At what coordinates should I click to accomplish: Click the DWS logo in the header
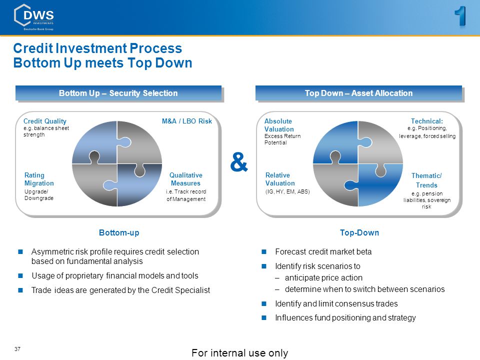point(34,17)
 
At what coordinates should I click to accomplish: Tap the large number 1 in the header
point(460,16)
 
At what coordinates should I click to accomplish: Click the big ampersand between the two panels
point(239,162)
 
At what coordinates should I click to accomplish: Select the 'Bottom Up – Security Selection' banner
point(118,93)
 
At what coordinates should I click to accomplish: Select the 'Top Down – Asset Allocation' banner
point(359,93)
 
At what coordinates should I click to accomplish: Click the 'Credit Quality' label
point(44,121)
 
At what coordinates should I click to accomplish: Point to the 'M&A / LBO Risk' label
point(186,121)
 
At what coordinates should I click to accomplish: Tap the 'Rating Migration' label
point(39,179)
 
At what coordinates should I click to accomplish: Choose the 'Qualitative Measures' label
point(186,179)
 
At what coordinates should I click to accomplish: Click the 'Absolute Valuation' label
point(279,125)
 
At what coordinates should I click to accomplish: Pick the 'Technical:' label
point(426,121)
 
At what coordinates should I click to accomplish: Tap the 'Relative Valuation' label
point(280,179)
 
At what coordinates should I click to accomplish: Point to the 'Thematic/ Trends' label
point(426,180)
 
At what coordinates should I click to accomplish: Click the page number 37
point(17,349)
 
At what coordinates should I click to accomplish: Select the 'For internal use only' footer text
point(239,353)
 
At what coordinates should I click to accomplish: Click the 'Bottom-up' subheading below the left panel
point(119,232)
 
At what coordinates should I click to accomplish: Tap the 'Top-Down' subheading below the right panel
point(359,232)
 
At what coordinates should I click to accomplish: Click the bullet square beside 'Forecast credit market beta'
point(264,251)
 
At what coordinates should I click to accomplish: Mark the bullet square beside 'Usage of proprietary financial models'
point(20,275)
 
